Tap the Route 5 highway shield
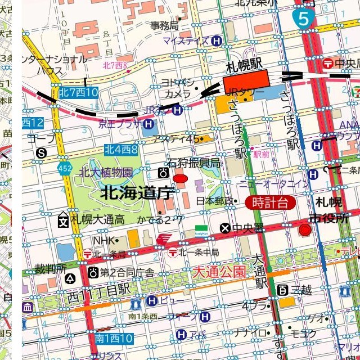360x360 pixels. pyautogui.click(x=303, y=19)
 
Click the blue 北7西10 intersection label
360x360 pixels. pyautogui.click(x=78, y=92)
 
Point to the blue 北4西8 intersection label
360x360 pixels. pyautogui.click(x=121, y=149)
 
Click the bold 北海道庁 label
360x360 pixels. pyautogui.click(x=136, y=193)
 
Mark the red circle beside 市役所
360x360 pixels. pyautogui.click(x=305, y=229)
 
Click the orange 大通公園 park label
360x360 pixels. pyautogui.click(x=219, y=272)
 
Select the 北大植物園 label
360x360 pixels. pyautogui.click(x=106, y=172)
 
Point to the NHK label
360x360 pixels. pyautogui.click(x=103, y=240)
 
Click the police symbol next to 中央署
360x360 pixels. pyautogui.click(x=225, y=228)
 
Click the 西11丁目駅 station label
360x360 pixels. pyautogui.click(x=98, y=291)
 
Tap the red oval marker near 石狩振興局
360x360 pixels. pyautogui.click(x=180, y=179)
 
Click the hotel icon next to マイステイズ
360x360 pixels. pyautogui.click(x=217, y=40)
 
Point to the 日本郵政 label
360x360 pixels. pyautogui.click(x=214, y=201)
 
